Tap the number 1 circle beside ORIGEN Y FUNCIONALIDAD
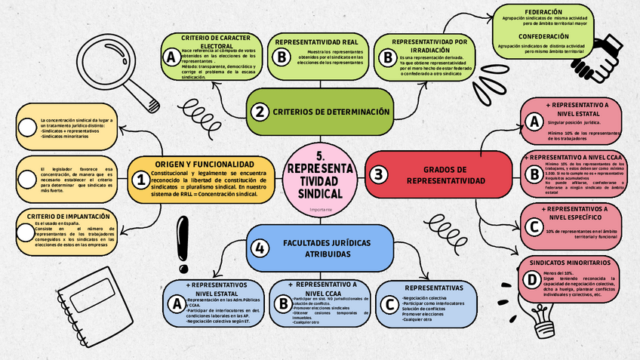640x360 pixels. click(x=140, y=180)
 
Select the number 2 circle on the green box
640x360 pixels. click(x=260, y=112)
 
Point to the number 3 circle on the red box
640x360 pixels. click(x=378, y=174)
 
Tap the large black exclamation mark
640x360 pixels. click(x=183, y=243)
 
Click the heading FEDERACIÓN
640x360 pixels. click(x=543, y=13)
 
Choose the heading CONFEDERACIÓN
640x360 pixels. click(x=543, y=36)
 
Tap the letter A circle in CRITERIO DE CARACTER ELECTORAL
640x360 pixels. click(x=171, y=57)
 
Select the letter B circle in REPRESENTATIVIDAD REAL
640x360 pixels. click(x=280, y=57)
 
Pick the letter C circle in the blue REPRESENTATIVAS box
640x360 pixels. click(x=389, y=303)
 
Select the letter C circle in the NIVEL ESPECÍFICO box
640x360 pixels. click(x=534, y=226)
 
